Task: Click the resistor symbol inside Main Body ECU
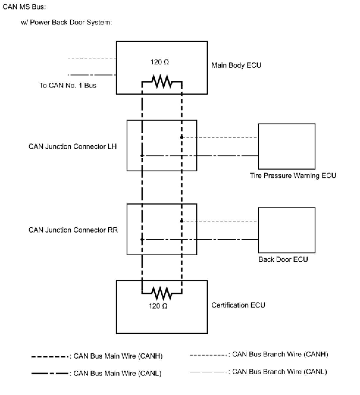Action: (162, 81)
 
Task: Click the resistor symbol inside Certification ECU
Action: (162, 293)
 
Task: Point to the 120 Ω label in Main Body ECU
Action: (159, 62)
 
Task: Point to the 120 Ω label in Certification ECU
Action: (158, 306)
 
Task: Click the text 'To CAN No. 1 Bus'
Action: (68, 85)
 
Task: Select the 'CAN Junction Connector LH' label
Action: (73, 147)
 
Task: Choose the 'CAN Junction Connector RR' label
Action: (73, 230)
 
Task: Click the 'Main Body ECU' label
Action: (236, 65)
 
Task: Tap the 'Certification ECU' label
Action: (238, 305)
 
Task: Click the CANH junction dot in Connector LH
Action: (182, 137)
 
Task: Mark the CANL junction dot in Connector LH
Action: (142, 156)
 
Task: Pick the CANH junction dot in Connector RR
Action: (182, 221)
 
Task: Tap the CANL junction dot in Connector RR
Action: (142, 239)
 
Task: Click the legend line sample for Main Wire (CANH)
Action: (50, 357)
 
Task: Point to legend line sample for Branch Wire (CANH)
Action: (209, 355)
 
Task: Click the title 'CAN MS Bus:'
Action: (24, 7)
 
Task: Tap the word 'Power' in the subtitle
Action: (40, 22)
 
